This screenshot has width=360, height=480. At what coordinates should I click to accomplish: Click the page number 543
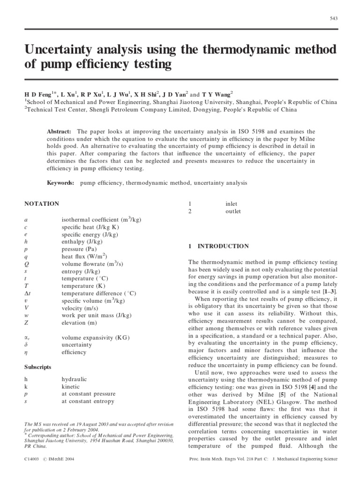click(333, 18)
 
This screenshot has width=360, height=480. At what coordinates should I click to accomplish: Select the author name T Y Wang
click(220, 94)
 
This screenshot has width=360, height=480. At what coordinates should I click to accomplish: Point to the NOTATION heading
click(42, 204)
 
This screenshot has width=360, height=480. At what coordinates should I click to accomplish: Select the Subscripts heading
click(38, 367)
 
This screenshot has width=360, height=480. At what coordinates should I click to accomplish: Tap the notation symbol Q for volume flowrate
click(26, 264)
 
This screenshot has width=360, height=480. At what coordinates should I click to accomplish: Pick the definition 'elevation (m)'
click(79, 323)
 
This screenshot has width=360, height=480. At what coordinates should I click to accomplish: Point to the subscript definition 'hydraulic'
click(74, 379)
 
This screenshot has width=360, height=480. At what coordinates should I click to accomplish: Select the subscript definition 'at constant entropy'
click(88, 401)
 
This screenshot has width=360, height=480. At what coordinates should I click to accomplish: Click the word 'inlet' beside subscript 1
click(232, 204)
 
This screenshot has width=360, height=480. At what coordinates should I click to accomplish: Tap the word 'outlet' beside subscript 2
click(233, 211)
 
